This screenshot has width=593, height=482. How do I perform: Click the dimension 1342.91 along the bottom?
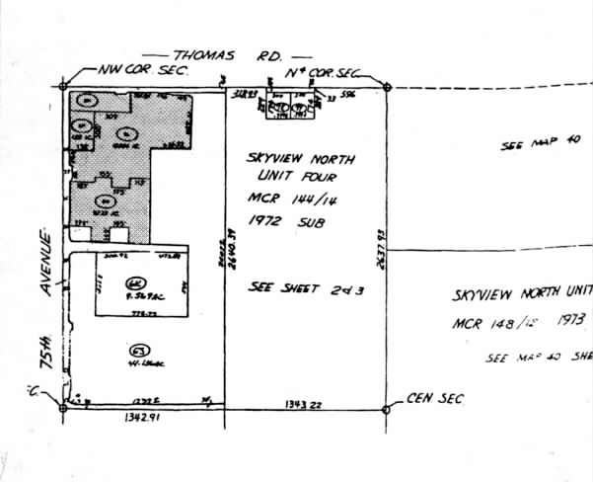tap(143, 418)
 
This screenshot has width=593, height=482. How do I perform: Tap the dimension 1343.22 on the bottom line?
tap(305, 404)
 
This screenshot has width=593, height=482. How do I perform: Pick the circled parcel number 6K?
tap(133, 283)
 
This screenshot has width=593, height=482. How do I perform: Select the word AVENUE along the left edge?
tap(46, 262)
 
